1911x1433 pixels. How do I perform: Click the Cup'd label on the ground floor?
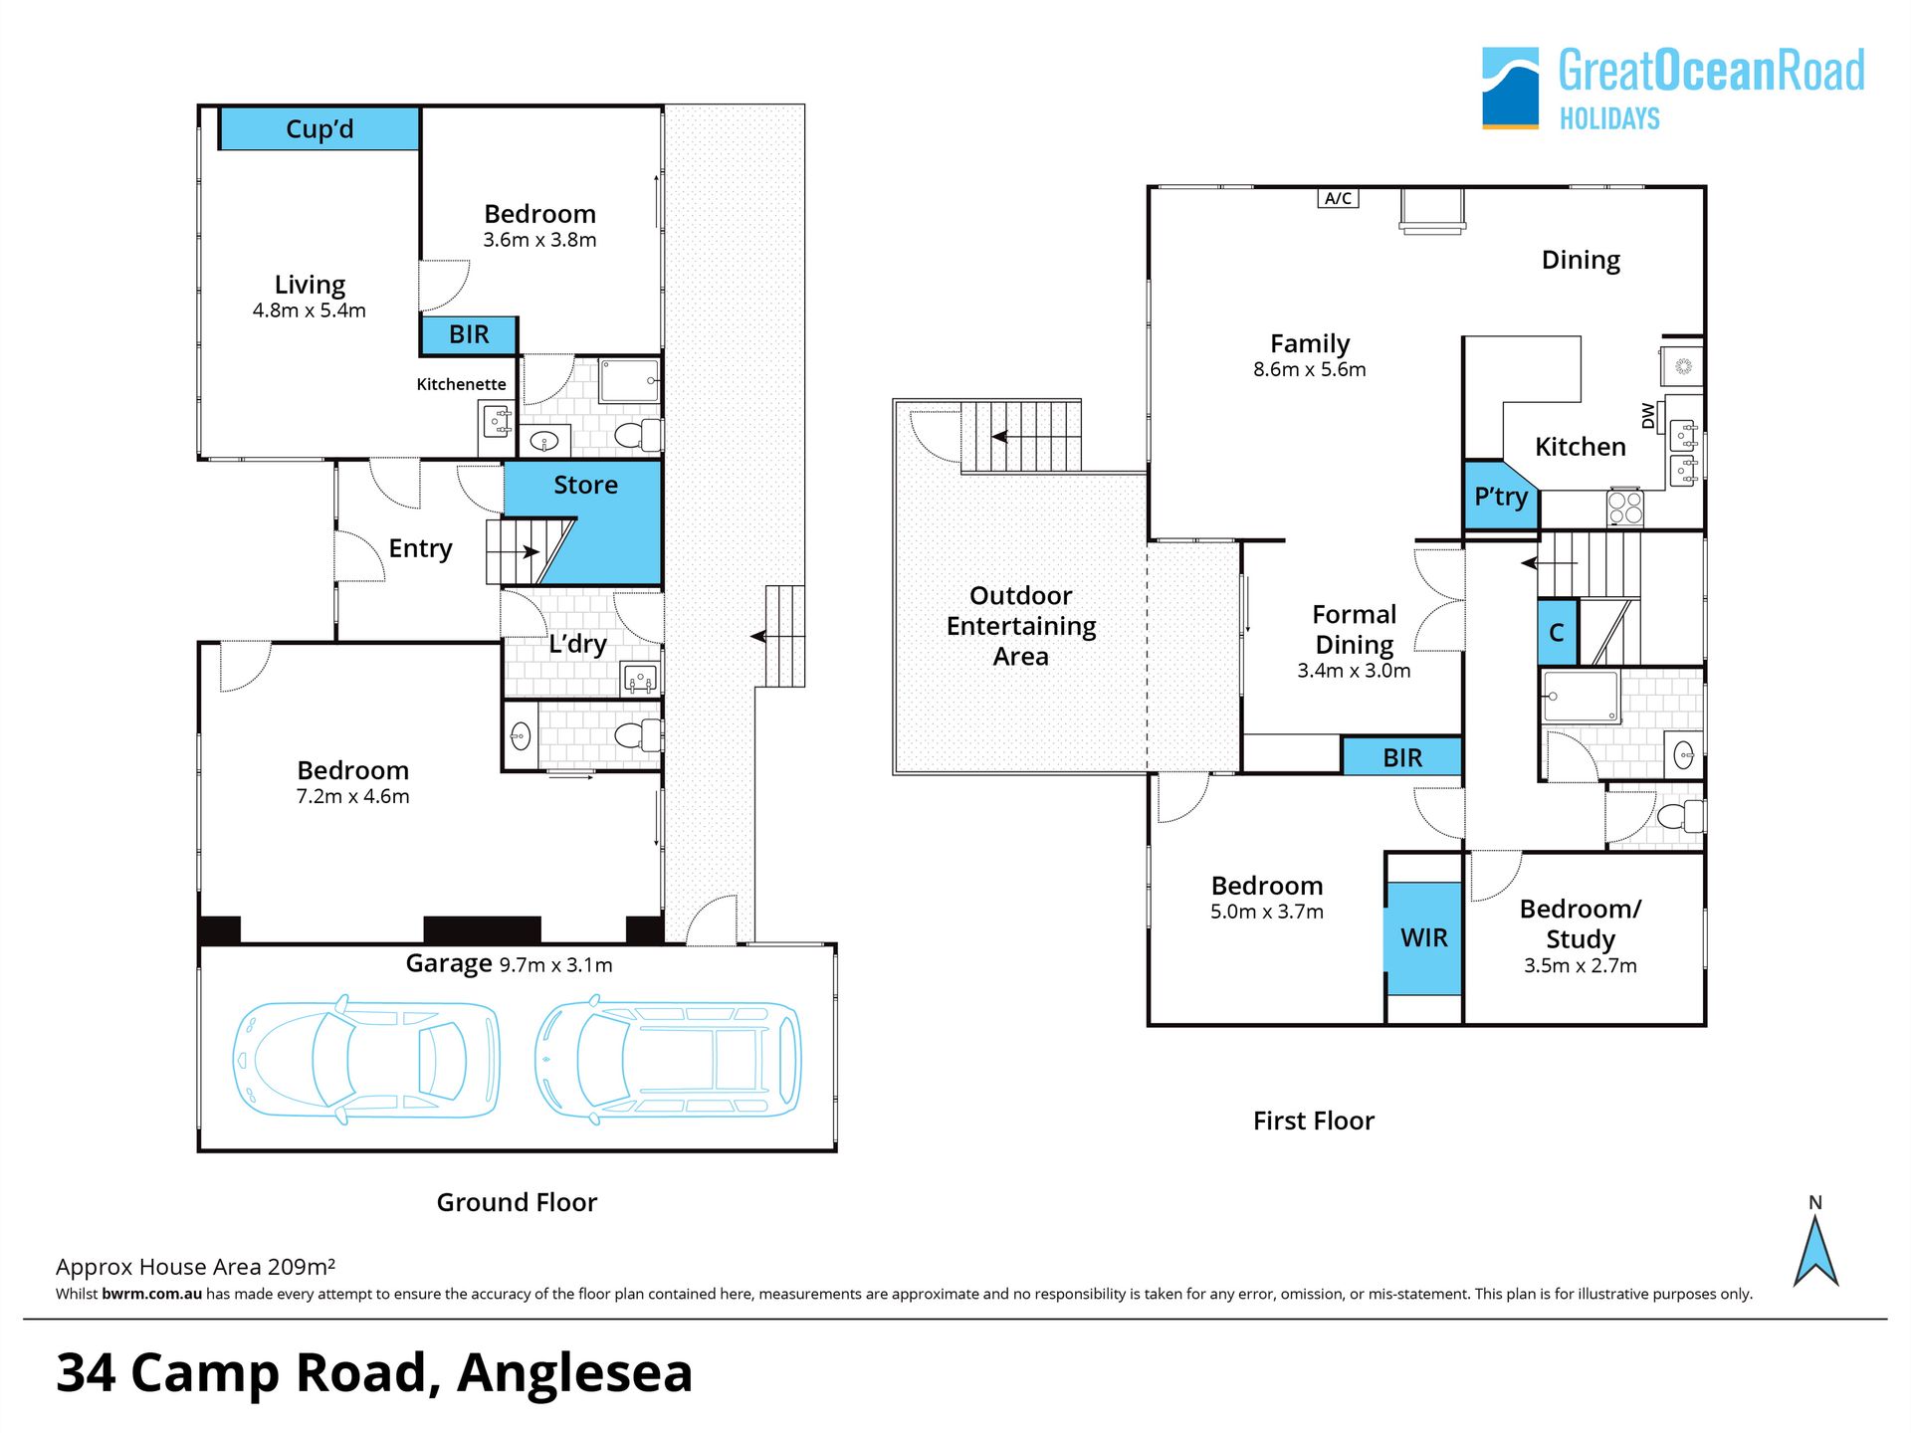(x=319, y=129)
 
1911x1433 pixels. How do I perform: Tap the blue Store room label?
(x=585, y=485)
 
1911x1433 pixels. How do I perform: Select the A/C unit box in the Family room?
(x=1338, y=198)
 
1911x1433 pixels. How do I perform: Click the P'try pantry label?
(x=1500, y=496)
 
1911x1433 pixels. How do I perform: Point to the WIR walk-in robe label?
(x=1423, y=937)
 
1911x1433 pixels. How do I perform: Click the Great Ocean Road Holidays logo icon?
(x=1510, y=88)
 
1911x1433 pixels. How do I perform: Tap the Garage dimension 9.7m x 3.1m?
(x=555, y=965)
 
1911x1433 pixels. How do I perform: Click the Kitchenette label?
(x=461, y=384)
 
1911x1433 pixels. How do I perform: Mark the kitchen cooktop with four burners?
(x=1624, y=508)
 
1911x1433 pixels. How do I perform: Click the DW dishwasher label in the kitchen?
(x=1648, y=416)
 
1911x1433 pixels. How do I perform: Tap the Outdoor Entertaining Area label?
(x=1021, y=626)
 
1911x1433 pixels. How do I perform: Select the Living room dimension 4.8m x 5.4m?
(x=309, y=310)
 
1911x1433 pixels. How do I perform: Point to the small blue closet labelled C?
(x=1558, y=632)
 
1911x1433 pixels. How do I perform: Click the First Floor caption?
(x=1313, y=1121)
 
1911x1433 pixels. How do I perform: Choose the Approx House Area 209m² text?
(x=195, y=1267)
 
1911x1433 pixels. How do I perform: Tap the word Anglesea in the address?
(x=574, y=1373)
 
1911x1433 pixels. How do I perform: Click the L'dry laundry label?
(x=577, y=644)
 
